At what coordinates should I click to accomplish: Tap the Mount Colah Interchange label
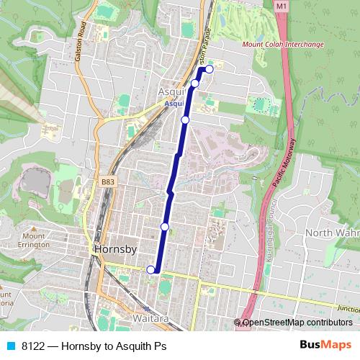(283, 45)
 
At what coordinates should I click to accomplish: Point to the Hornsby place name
(115, 249)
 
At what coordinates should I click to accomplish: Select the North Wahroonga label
(332, 233)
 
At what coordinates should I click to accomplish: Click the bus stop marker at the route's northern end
(210, 69)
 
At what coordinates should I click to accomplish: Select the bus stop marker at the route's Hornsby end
(150, 270)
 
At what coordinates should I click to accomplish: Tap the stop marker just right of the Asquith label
(194, 84)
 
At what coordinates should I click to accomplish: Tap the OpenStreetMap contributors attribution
(297, 323)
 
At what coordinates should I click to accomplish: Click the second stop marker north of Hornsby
(185, 120)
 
